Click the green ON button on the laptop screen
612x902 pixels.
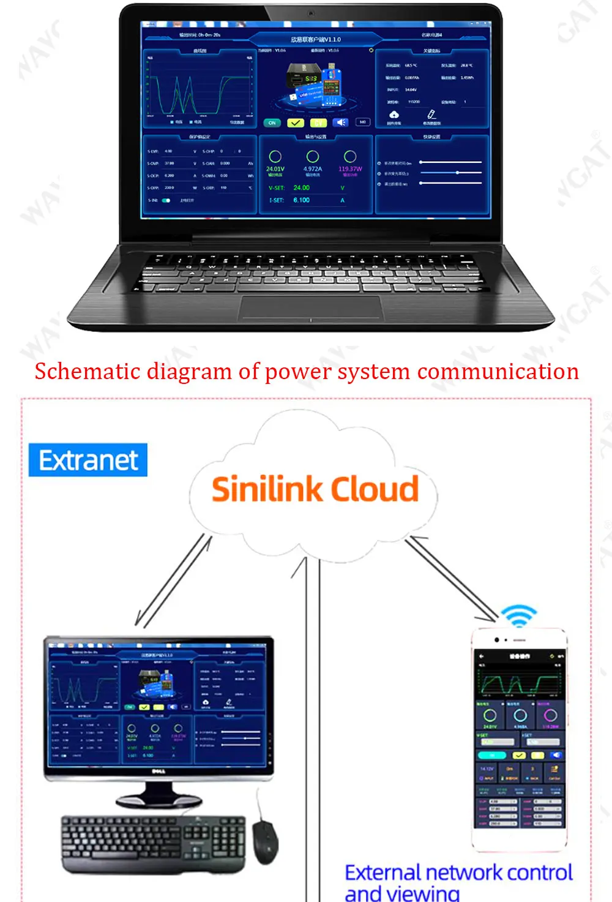[272, 123]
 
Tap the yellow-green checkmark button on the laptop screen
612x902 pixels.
[296, 123]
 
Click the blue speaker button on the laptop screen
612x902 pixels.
[341, 122]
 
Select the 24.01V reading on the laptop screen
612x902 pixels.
[275, 169]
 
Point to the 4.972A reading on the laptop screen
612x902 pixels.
[312, 169]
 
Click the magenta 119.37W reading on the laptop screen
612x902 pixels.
[350, 169]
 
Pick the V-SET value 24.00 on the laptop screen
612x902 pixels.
[301, 188]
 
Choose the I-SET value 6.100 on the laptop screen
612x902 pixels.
[301, 200]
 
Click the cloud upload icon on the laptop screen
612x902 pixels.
[394, 115]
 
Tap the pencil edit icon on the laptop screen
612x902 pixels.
[431, 115]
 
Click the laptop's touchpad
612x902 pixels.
[310, 307]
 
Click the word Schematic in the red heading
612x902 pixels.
[88, 372]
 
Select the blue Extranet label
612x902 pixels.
[88, 460]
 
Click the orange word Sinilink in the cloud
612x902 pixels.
[267, 490]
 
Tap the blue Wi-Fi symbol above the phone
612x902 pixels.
[519, 615]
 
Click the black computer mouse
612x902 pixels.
[266, 842]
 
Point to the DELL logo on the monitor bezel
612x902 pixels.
[159, 771]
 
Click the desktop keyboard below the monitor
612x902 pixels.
[153, 842]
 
